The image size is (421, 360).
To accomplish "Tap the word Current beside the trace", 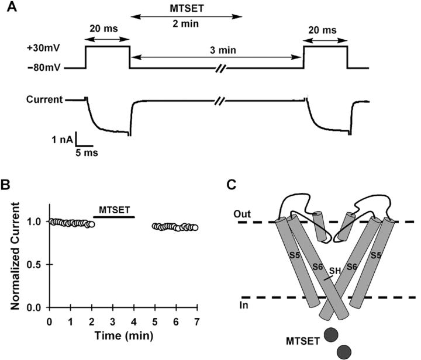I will (x=43, y=100).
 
